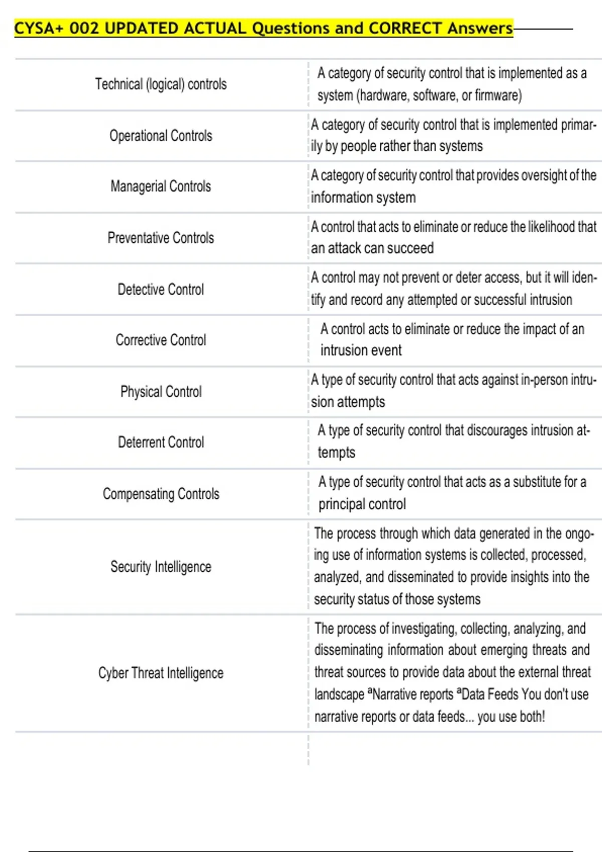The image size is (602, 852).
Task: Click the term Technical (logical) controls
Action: [161, 84]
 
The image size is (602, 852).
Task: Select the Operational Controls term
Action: [161, 136]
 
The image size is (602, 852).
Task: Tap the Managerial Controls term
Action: [161, 186]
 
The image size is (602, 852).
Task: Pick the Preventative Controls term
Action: [161, 238]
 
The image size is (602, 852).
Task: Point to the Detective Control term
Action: [161, 289]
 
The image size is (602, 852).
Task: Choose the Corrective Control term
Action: [161, 340]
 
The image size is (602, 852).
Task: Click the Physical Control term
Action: [161, 391]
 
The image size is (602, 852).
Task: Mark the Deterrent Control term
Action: [161, 442]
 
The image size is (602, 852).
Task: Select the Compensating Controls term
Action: [161, 494]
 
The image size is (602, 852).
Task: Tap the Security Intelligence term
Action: [161, 567]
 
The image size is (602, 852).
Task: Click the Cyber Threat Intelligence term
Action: [161, 673]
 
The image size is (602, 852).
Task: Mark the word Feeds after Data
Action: [503, 695]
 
